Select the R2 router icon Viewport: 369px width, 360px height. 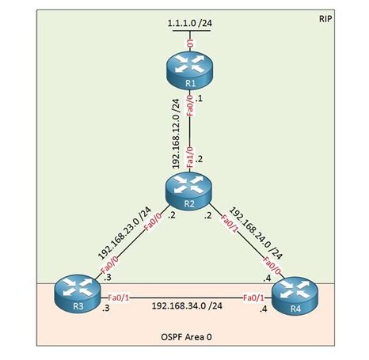[x=189, y=190]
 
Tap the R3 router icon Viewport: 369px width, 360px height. [x=78, y=293]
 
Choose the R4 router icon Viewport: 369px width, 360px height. [x=295, y=295]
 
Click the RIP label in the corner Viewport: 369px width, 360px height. [x=325, y=19]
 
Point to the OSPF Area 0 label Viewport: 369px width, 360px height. [x=186, y=337]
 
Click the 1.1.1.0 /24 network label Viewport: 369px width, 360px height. [x=190, y=23]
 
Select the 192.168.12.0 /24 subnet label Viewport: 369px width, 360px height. [x=176, y=134]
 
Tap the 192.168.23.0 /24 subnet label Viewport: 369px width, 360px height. [x=124, y=233]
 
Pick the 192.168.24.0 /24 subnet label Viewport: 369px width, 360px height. [x=256, y=233]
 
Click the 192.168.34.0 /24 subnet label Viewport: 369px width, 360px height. [x=187, y=305]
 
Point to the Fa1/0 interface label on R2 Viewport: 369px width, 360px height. [x=190, y=157]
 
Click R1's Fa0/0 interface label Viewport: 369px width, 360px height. [x=190, y=105]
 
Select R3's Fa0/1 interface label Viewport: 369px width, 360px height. [x=119, y=297]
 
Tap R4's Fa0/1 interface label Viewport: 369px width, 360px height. [x=253, y=297]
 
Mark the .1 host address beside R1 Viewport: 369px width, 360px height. [x=199, y=99]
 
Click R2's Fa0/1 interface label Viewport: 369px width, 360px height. [x=229, y=224]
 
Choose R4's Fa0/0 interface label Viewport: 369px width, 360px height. [x=272, y=266]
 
